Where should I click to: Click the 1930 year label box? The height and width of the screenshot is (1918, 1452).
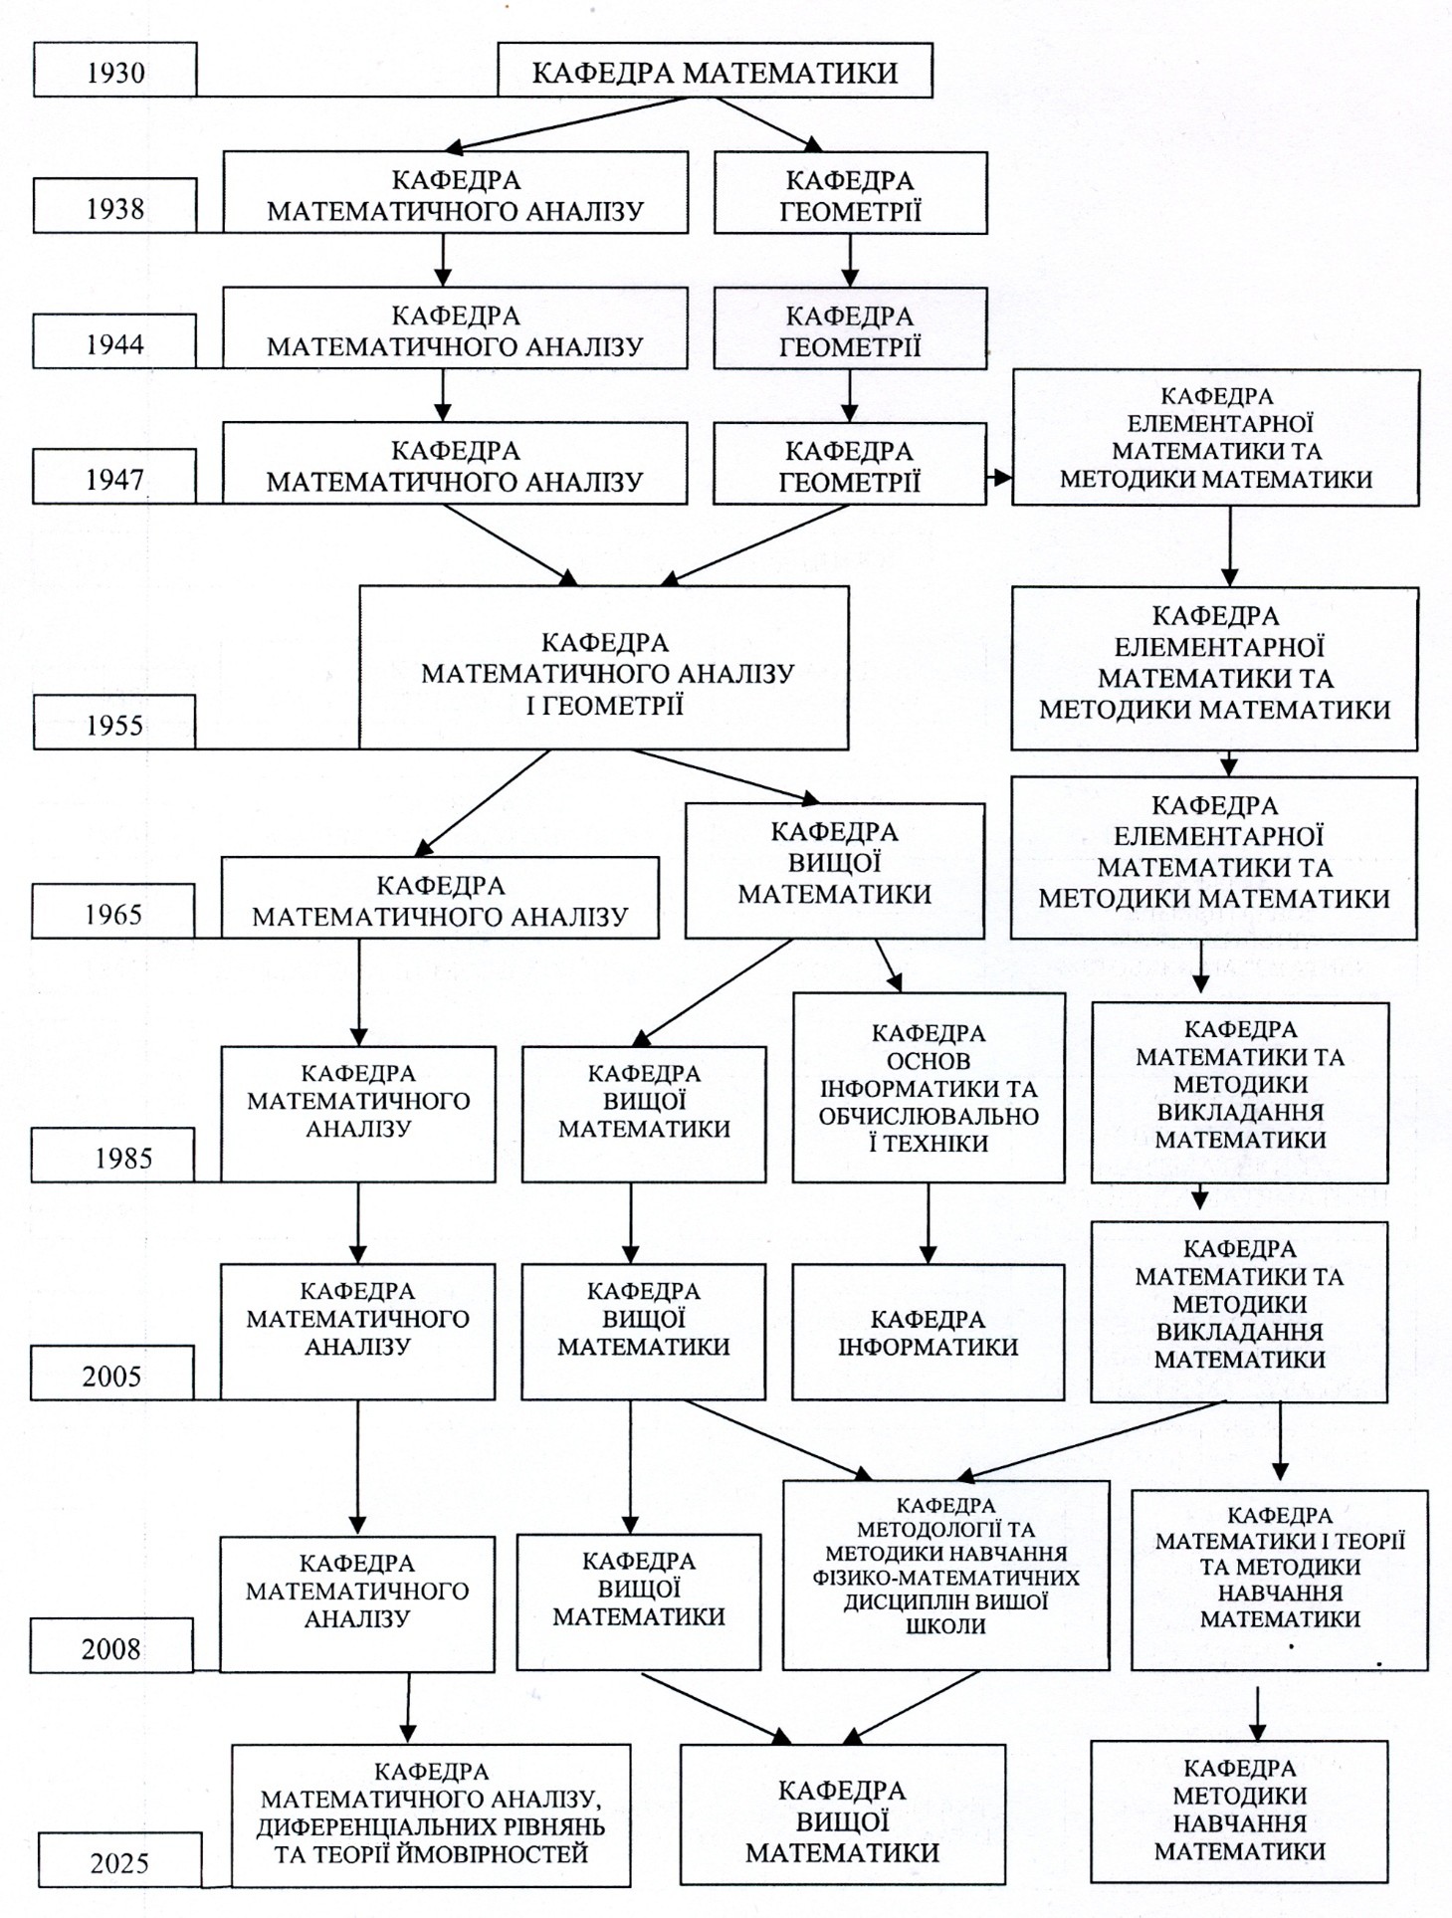coord(115,70)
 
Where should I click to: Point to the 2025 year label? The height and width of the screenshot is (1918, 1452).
coord(120,1860)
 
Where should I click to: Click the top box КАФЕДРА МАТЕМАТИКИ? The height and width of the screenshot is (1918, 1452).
coord(715,71)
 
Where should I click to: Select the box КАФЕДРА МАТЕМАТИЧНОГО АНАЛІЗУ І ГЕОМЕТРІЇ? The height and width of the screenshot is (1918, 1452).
coord(604,668)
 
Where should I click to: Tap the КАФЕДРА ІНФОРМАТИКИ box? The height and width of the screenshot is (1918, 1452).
coord(929,1333)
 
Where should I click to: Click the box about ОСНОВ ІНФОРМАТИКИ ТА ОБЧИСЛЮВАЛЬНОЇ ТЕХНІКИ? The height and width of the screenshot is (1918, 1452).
coord(929,1088)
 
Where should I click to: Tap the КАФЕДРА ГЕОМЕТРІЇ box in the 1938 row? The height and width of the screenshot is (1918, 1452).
coord(850,193)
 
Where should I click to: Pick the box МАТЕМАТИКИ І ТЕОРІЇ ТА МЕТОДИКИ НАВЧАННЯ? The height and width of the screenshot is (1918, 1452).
coord(1280,1581)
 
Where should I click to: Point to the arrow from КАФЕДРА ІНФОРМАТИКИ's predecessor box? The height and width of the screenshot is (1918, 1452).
coord(929,1223)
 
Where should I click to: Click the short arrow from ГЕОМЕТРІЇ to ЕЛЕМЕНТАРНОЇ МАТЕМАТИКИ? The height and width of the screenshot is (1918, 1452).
coord(999,478)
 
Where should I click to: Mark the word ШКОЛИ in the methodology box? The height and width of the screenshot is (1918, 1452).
coord(945,1626)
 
